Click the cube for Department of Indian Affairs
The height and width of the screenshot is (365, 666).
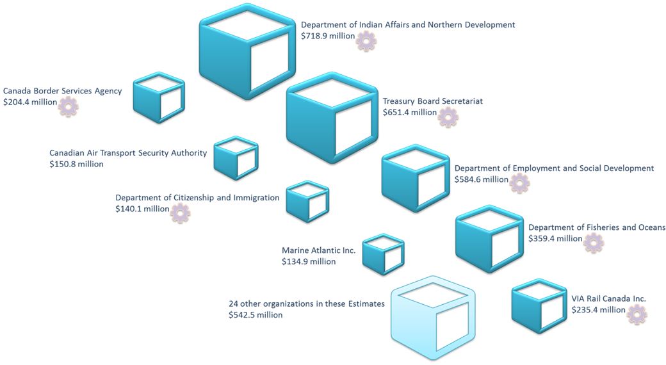pos(248,53)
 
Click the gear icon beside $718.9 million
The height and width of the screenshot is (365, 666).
pos(366,41)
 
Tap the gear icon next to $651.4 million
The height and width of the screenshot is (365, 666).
pos(448,117)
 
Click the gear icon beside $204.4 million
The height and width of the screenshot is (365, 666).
pos(68,106)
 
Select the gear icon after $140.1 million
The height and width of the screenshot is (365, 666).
pos(181,213)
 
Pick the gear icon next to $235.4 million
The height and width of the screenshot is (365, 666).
pos(637,314)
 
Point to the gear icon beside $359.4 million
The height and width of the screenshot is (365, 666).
pos(594,243)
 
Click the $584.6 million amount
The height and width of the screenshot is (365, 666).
pos(482,179)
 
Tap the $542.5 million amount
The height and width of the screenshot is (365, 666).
pos(256,315)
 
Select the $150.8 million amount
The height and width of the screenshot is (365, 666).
pos(76,164)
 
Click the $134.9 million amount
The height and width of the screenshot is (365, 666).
pos(309,261)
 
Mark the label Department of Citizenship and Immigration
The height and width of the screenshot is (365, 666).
pos(197,198)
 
